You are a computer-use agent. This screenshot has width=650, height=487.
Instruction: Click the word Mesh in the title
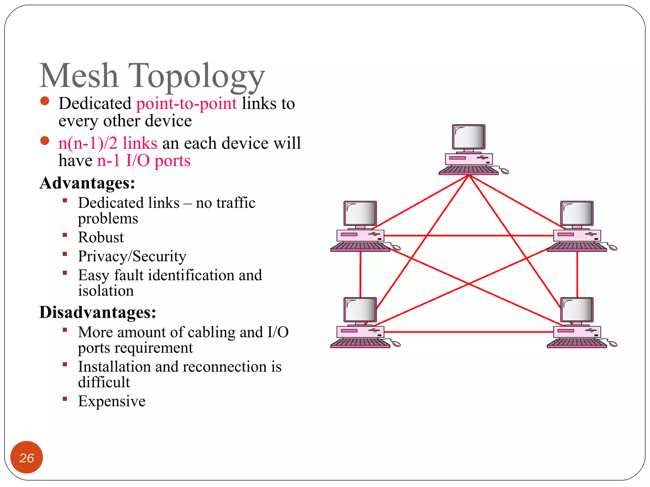(79, 76)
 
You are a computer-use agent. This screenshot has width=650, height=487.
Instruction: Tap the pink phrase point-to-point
(186, 104)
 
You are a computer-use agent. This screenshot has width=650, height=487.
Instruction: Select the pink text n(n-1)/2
(88, 143)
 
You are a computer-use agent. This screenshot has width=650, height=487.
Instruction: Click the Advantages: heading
(87, 183)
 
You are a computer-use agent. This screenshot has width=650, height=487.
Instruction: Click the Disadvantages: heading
(98, 312)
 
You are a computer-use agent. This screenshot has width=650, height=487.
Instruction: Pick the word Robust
(101, 237)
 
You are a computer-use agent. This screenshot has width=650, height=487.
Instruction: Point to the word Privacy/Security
(132, 256)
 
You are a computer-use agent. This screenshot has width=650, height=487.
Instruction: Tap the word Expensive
(112, 401)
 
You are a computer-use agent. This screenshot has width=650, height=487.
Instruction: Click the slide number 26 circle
(27, 458)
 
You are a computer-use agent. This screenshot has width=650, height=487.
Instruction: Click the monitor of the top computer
(468, 137)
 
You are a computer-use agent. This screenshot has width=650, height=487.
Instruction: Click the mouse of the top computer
(504, 172)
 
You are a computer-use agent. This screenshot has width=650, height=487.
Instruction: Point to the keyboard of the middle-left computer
(360, 247)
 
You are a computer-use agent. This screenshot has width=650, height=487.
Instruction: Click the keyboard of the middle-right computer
(576, 247)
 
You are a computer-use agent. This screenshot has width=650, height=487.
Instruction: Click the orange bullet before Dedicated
(45, 101)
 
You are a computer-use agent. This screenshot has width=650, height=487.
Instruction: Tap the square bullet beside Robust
(65, 235)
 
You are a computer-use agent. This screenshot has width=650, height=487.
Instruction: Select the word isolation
(106, 291)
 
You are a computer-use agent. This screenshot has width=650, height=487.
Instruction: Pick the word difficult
(104, 382)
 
